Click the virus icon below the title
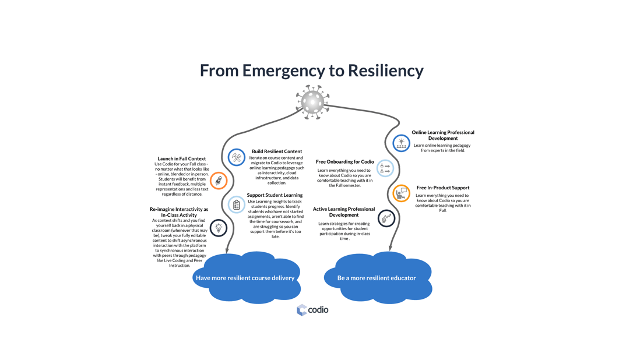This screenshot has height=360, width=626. (312, 102)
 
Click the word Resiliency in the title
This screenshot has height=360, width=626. (385, 70)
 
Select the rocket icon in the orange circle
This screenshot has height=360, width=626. (219, 181)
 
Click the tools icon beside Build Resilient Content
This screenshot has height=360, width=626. (237, 157)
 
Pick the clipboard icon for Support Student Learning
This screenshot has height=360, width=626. (237, 204)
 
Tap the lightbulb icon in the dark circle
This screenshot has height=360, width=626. (219, 228)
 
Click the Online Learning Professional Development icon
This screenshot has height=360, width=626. (401, 143)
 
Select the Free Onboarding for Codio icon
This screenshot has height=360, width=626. (385, 168)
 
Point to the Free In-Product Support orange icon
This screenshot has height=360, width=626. (401, 193)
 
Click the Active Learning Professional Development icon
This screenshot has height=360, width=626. (386, 218)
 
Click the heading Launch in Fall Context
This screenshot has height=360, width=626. (181, 158)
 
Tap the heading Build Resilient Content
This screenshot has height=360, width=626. (277, 151)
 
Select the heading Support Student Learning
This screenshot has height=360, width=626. (275, 195)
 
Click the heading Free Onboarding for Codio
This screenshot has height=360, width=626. (344, 162)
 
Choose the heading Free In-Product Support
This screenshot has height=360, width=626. (442, 188)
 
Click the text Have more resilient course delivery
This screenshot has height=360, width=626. (245, 278)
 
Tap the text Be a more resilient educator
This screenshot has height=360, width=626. (377, 278)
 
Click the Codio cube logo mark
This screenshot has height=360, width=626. (301, 310)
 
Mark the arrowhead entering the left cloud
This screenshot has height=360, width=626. (226, 250)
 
